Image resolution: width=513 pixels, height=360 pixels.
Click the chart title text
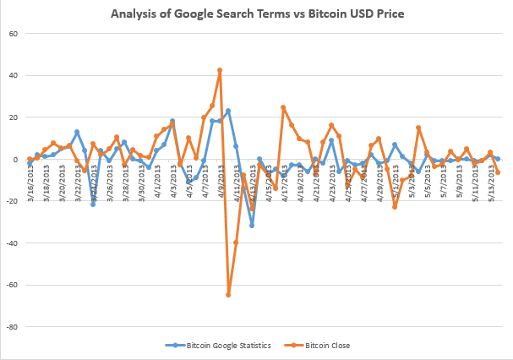[x=256, y=14]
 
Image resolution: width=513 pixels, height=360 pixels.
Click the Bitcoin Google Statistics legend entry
[x=222, y=346]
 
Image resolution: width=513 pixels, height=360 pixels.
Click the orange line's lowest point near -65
[x=228, y=295]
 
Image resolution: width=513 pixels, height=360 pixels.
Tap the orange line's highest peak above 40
[x=220, y=70]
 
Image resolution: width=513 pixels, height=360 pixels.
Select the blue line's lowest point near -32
[x=252, y=226]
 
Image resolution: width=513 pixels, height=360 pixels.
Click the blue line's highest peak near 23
[x=228, y=111]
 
